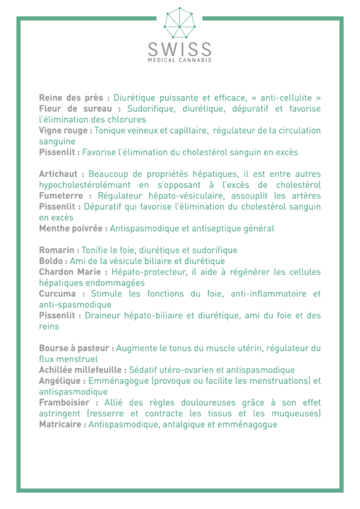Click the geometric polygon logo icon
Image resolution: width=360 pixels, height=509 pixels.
179,23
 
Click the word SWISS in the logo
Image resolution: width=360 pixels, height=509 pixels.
179,49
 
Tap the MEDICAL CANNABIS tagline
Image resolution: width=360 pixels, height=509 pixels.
179,60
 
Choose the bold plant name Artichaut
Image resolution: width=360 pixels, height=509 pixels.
62,174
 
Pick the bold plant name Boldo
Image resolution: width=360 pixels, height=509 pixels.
53,261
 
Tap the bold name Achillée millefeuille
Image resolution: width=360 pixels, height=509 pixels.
83,370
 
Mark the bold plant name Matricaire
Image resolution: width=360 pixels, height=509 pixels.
62,424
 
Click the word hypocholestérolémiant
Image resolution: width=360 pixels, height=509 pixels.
86,185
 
